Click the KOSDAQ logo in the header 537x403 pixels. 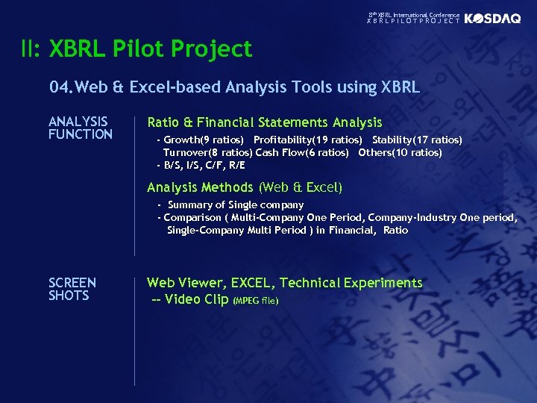pos(492,19)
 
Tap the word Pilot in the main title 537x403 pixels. pos(139,49)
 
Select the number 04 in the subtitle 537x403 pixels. pos(59,87)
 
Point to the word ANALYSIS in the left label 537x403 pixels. pos(78,122)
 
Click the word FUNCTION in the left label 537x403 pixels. pos(80,134)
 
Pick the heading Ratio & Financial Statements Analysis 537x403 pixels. pos(264,122)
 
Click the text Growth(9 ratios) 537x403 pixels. pos(204,140)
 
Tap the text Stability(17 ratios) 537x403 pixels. pos(417,140)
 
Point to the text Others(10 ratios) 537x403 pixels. pos(400,152)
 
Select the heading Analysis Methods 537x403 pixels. pos(200,187)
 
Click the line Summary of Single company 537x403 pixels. pos(236,204)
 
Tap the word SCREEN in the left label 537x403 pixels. pos(72,283)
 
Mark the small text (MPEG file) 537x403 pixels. pos(256,301)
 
